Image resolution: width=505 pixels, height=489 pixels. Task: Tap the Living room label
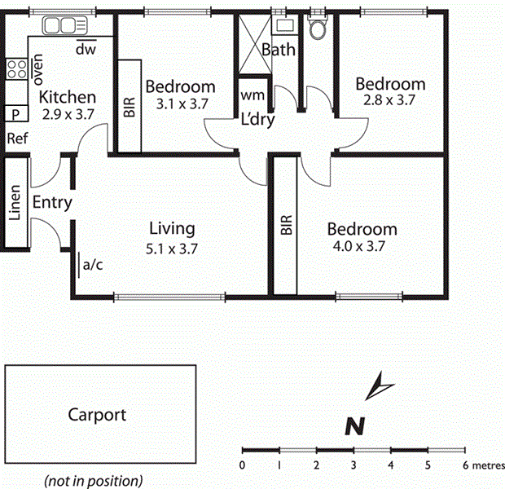point(172,228)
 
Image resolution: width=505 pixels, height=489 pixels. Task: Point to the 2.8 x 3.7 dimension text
point(389,101)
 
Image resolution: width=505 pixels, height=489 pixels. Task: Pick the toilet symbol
point(318,29)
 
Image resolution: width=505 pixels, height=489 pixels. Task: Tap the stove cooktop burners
point(16,71)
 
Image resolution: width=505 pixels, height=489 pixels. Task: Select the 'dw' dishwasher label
point(86,50)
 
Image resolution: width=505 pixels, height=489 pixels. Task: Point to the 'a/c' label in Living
point(93,264)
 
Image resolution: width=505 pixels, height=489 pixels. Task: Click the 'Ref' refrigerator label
point(17,139)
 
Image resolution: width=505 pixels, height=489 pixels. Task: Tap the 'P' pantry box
point(15,114)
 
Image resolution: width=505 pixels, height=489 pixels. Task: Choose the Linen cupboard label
point(15,204)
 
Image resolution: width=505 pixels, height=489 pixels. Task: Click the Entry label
point(52,203)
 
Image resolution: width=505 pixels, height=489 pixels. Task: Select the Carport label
point(97,415)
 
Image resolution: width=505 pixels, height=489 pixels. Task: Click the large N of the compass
point(353,425)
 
